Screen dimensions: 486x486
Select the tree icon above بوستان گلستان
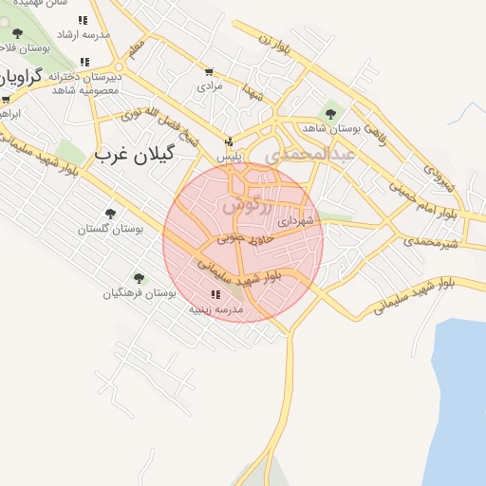pos(110,214)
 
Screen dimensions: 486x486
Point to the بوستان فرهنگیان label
pos(140,293)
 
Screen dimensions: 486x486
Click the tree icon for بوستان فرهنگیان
pos(140,278)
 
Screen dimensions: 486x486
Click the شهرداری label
pos(294,220)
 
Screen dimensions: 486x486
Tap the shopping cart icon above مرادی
pos(209,71)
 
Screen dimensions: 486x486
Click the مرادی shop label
pos(209,85)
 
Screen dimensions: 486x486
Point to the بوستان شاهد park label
pos(327,126)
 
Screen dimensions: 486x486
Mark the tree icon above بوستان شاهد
pos(330,112)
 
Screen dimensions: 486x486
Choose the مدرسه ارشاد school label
pos(84,34)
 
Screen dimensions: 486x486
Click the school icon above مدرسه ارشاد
pos(84,19)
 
